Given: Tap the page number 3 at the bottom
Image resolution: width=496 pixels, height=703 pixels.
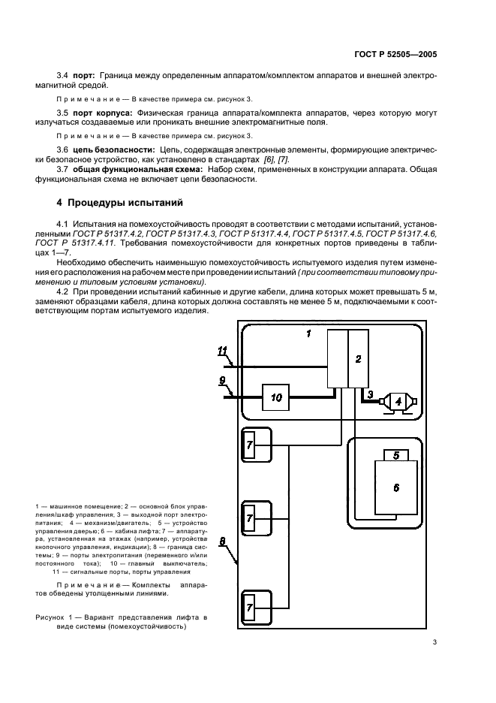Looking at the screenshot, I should pos(434,642).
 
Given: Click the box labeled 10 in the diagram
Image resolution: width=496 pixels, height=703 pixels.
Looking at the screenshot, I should pos(276,397).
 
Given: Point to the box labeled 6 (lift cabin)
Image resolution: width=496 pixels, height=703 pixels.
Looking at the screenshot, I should pos(396,487).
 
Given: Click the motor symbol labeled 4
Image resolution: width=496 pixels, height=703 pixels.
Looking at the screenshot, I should pos(398,402).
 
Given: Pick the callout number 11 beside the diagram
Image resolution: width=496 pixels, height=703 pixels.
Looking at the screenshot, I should pos(222,350).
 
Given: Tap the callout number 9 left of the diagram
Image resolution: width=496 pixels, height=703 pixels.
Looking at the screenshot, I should pos(222,381).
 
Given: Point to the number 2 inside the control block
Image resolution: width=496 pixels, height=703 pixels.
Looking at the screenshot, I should pos(358,359).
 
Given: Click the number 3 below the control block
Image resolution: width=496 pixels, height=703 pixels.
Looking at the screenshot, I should pos(370,394).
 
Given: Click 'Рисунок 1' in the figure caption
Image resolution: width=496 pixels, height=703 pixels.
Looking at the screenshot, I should pos(54,617).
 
